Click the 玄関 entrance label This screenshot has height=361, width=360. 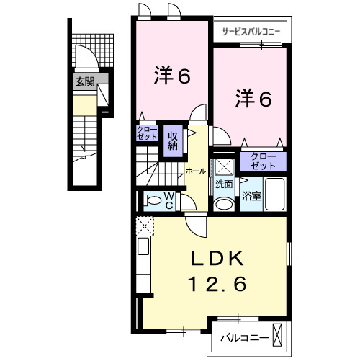pos(84,82)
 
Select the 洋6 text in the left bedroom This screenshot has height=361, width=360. pos(172,75)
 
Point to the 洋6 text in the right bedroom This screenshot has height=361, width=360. pos(253,99)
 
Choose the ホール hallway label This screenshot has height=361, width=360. pos(195,171)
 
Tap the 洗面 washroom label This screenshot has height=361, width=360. pos(224,184)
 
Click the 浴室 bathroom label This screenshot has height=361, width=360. pos(251,195)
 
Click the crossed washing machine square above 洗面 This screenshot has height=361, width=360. pos(224,166)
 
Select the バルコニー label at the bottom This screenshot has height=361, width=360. pos(244,337)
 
